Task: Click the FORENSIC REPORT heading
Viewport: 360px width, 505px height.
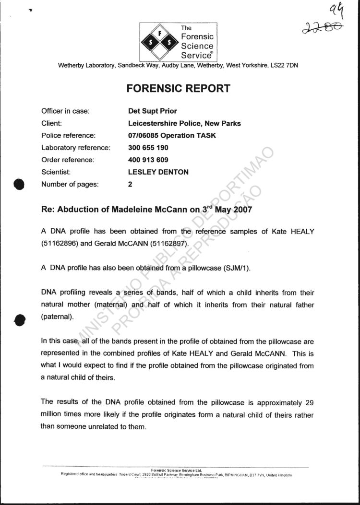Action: [x=178, y=89]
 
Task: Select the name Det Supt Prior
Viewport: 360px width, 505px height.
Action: [x=149, y=111]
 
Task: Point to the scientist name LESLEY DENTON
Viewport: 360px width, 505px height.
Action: [x=158, y=172]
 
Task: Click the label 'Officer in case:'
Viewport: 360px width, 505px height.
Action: [x=65, y=111]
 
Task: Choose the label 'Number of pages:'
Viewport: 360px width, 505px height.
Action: [x=70, y=184]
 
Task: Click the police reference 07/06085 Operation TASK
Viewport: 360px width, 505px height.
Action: [x=168, y=135]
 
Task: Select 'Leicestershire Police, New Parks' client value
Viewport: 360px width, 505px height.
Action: [x=181, y=123]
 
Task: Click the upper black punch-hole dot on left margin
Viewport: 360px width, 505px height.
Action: [x=19, y=185]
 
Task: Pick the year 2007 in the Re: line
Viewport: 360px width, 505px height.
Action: [x=242, y=210]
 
